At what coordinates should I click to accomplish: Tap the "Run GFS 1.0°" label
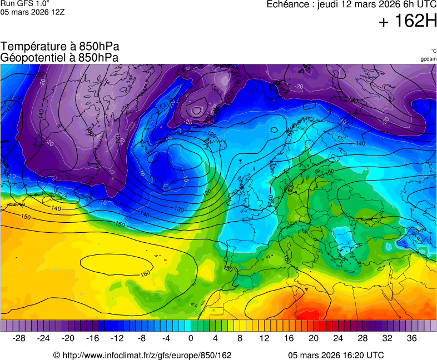25,4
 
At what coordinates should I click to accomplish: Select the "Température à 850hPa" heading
59,47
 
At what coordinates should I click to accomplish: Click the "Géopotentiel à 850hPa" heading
59,57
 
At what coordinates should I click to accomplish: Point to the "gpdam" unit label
428,59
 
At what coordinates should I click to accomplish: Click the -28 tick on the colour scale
19,338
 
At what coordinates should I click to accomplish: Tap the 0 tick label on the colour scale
191,338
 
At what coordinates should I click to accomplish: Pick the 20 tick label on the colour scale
314,338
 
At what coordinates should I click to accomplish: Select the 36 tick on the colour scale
411,338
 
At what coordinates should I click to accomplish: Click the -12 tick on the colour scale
117,338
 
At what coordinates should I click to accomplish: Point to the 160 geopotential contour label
146,273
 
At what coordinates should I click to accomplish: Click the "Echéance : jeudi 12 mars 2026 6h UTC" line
351,4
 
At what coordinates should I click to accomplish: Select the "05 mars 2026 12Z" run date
33,12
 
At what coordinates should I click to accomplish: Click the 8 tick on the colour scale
240,338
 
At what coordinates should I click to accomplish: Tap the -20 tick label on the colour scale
68,338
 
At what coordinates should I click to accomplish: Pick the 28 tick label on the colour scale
362,338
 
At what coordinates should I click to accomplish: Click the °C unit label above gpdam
434,51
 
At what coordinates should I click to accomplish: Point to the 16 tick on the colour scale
289,338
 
